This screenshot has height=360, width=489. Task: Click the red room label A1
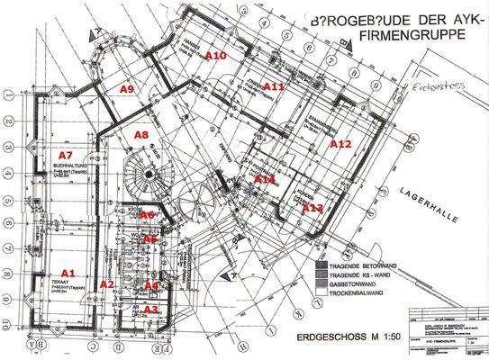click(x=66, y=271)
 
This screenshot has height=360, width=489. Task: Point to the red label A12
click(x=340, y=143)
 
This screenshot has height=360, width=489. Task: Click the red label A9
click(x=128, y=88)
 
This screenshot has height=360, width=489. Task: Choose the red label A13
click(x=312, y=207)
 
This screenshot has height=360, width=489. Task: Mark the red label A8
click(x=142, y=134)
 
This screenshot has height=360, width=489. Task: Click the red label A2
click(x=106, y=284)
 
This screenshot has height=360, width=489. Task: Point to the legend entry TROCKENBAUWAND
click(x=366, y=293)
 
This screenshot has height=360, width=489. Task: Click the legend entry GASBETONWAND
click(x=360, y=284)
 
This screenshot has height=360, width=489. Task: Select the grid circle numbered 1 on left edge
click(x=8, y=93)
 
